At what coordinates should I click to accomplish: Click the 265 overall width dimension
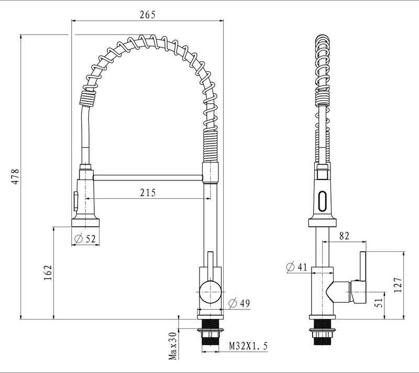tap(147, 15)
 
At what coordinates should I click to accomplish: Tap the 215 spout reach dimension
tap(147, 193)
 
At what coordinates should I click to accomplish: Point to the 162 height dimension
tap(48, 272)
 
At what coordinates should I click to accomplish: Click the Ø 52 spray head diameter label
tap(85, 239)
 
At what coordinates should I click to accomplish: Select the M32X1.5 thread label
tap(249, 346)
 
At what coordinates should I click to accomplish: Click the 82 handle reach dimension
tap(344, 237)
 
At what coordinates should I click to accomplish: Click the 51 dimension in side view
tap(379, 302)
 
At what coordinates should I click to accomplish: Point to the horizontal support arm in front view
tap(147, 178)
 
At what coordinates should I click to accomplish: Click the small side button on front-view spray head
tap(74, 200)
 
